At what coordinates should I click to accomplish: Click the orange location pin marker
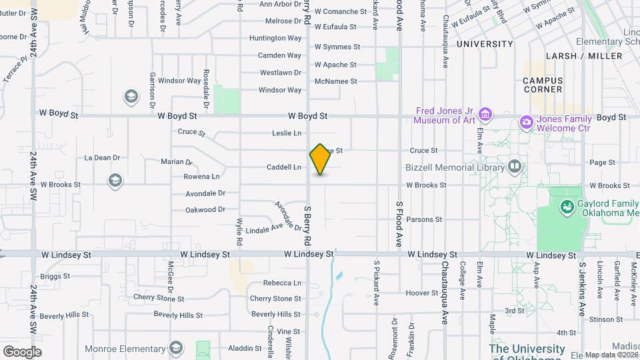coord(321,159)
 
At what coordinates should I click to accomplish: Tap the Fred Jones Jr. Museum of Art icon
coord(486,115)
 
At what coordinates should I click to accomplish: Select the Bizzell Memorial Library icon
coord(514,166)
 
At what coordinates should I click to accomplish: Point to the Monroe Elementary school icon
coord(175,347)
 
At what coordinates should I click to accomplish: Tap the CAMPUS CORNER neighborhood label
coord(543,85)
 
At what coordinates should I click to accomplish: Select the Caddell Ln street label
coord(283,167)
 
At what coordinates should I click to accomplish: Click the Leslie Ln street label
coord(287,133)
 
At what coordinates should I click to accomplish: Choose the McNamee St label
coord(336,81)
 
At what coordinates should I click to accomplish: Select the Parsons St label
coord(420,219)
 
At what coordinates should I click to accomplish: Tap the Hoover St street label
coord(421,293)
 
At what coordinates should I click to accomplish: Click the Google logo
coord(22,351)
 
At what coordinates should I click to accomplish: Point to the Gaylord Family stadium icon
coord(567,207)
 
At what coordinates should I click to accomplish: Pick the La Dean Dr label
coord(102,158)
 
